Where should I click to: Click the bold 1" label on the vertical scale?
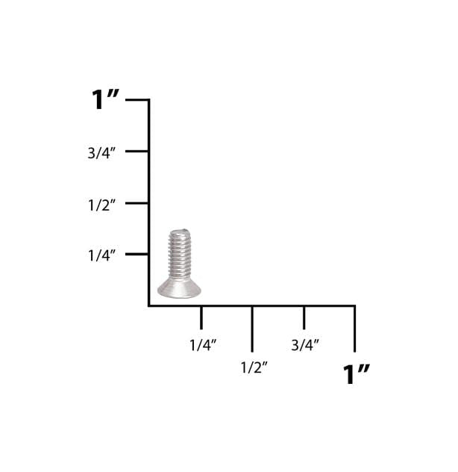pyautogui.click(x=105, y=99)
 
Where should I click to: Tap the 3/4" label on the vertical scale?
pyautogui.click(x=101, y=153)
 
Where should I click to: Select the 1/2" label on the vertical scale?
pyautogui.click(x=101, y=205)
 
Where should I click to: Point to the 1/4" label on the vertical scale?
pyautogui.click(x=101, y=255)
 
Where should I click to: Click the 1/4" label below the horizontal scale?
pyautogui.click(x=203, y=345)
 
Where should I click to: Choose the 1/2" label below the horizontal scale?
pyautogui.click(x=254, y=367)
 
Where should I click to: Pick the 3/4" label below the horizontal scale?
pyautogui.click(x=305, y=345)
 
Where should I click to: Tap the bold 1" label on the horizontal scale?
pyautogui.click(x=357, y=374)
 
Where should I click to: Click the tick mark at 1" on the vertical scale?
pyautogui.click(x=137, y=99)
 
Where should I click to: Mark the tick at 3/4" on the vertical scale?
pyautogui.click(x=137, y=151)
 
